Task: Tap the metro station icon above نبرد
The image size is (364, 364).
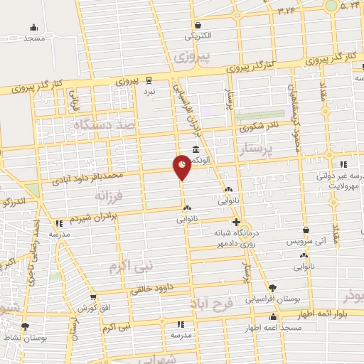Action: (x=149, y=80)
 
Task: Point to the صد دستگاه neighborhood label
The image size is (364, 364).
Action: (x=104, y=124)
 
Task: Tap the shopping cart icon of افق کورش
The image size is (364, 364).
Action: (x=92, y=297)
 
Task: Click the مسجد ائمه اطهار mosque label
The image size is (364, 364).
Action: (x=272, y=328)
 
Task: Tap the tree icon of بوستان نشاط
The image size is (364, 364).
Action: (x=26, y=327)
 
